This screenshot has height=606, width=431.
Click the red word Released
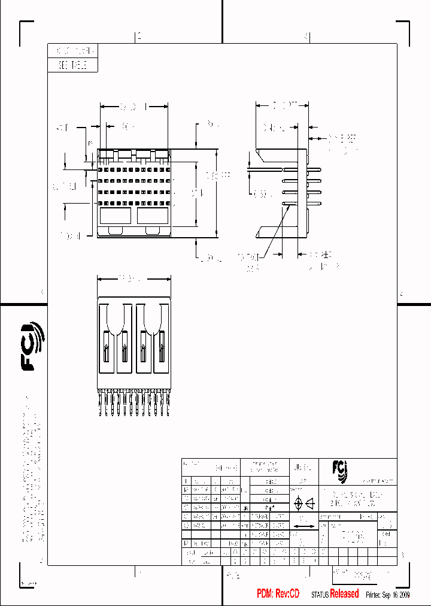(344, 593)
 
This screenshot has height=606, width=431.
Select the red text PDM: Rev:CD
(278, 593)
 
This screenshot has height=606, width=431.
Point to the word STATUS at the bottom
(320, 594)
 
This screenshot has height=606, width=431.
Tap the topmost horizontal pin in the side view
(301, 169)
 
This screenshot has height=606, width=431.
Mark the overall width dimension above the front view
(133, 107)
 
